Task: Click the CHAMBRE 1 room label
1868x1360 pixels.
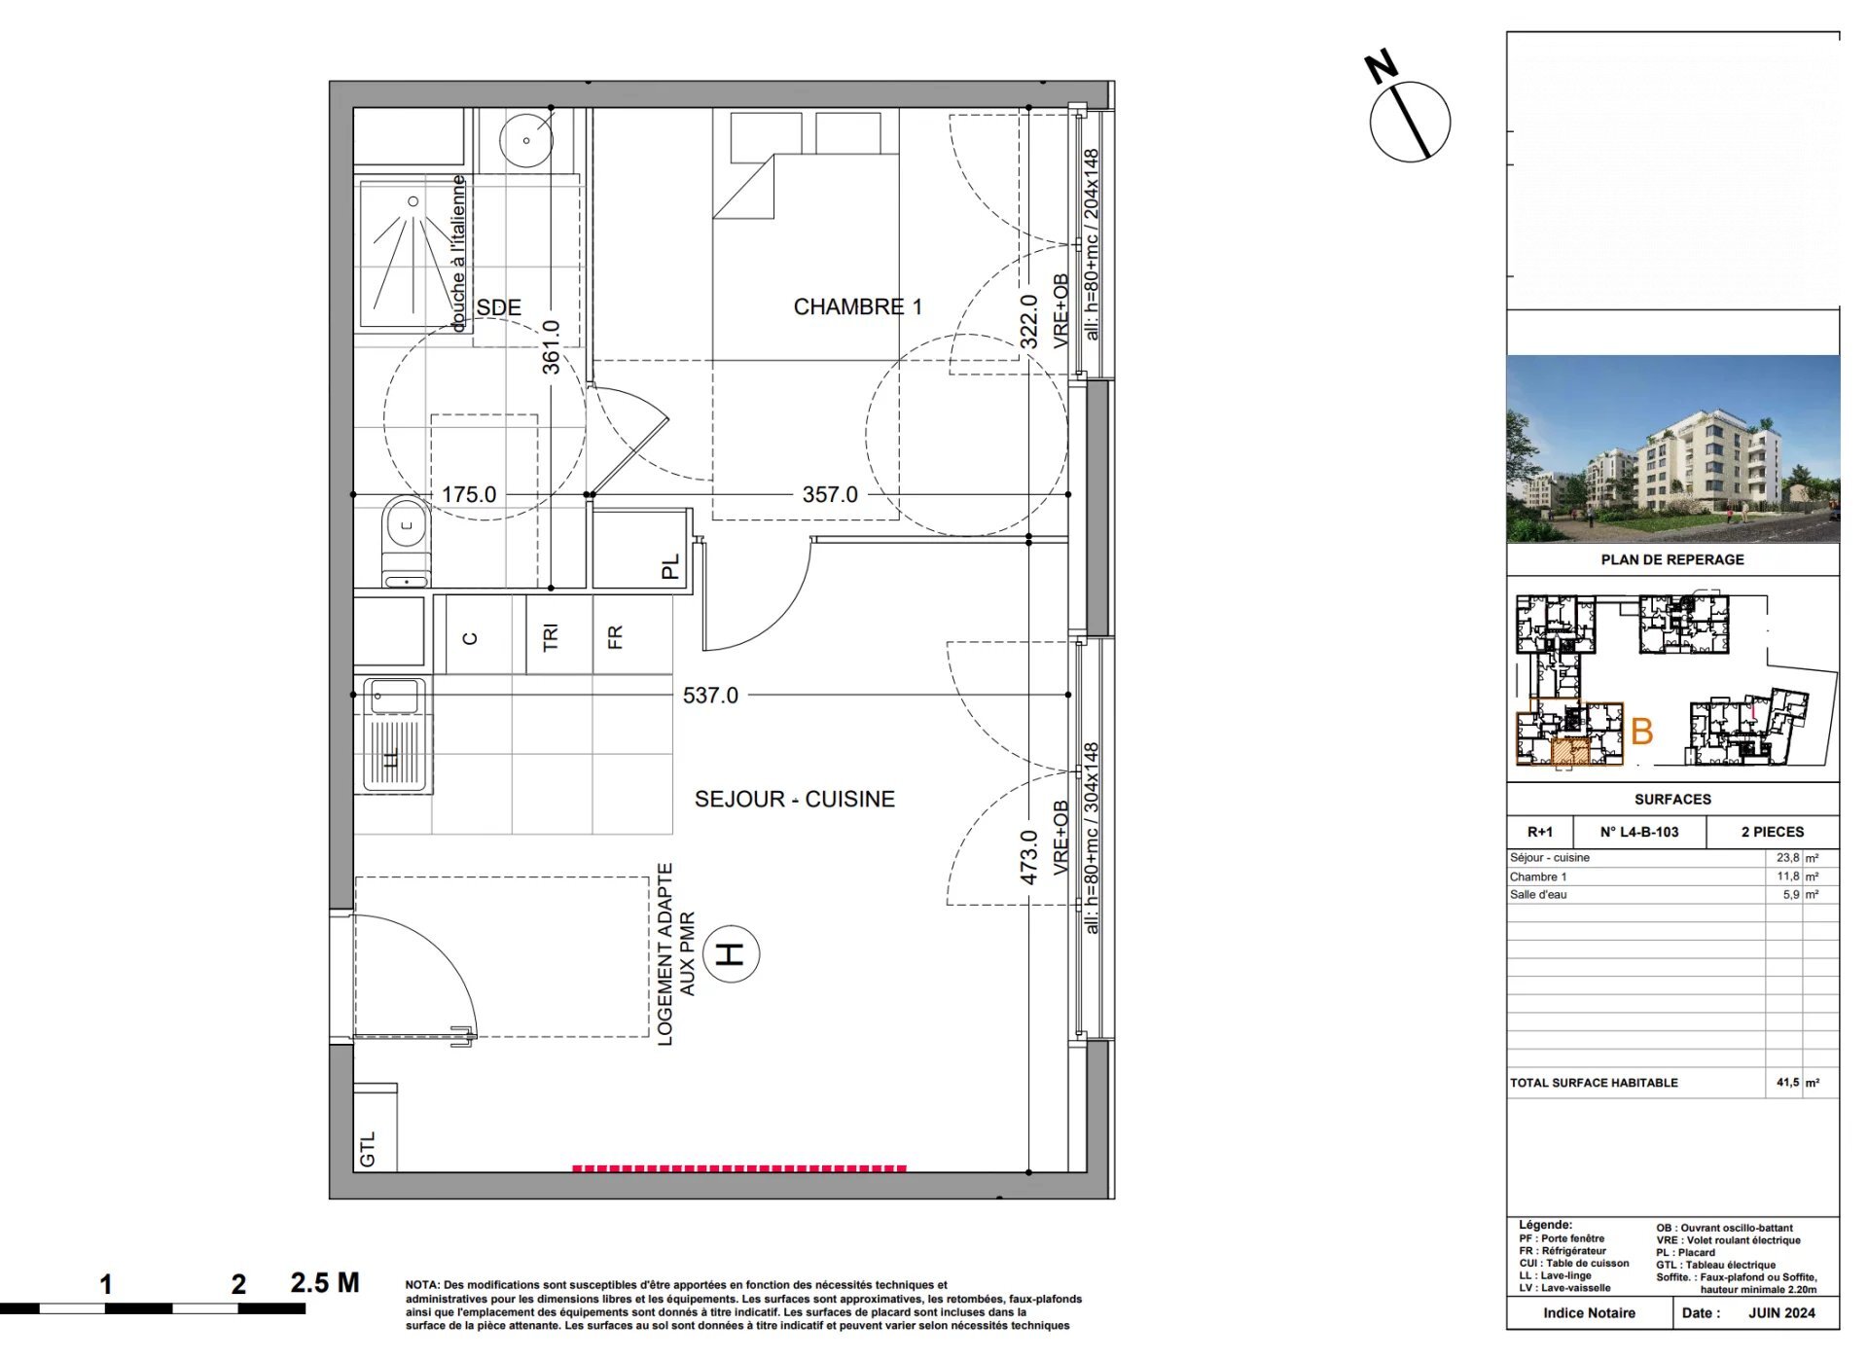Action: pyautogui.click(x=857, y=307)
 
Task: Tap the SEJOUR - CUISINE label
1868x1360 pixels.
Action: pyautogui.click(x=794, y=800)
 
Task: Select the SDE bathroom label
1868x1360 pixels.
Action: pyautogui.click(x=498, y=307)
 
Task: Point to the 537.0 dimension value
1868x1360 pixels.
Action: pyautogui.click(x=710, y=696)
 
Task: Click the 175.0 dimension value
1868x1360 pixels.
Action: pyautogui.click(x=469, y=494)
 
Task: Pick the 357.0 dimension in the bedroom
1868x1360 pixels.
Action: pyautogui.click(x=830, y=494)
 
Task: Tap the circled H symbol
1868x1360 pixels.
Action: pyautogui.click(x=730, y=953)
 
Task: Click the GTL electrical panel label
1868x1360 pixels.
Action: pyautogui.click(x=368, y=1149)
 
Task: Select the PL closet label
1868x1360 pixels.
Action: pyautogui.click(x=670, y=567)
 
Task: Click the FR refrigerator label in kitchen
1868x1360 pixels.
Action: pyautogui.click(x=615, y=637)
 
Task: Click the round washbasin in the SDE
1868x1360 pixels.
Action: pyautogui.click(x=526, y=140)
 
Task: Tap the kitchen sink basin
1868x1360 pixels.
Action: pyautogui.click(x=394, y=697)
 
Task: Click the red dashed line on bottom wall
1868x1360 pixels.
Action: pyautogui.click(x=739, y=1168)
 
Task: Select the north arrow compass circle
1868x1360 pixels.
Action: pyautogui.click(x=1410, y=122)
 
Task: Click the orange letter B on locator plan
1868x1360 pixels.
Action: pyautogui.click(x=1641, y=732)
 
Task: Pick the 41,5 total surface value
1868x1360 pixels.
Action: pyautogui.click(x=1787, y=1083)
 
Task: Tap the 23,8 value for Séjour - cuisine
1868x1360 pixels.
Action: pyautogui.click(x=1787, y=858)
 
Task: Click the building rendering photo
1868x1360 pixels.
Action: pyautogui.click(x=1672, y=448)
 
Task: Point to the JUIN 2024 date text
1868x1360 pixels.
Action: pyautogui.click(x=1781, y=1313)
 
